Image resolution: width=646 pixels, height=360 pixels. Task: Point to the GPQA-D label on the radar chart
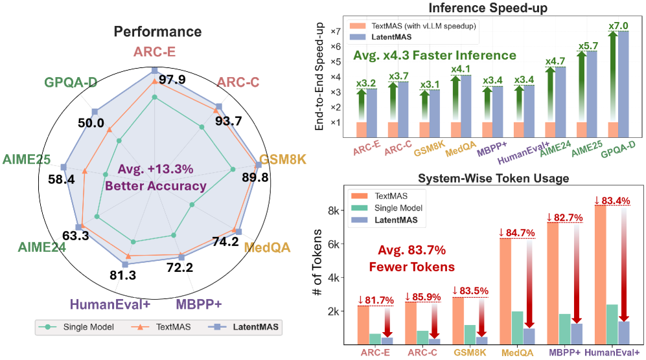(71, 82)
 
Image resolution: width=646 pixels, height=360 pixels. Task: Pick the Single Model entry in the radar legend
(78, 327)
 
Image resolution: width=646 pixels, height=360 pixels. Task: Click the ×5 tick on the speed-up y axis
(336, 62)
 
